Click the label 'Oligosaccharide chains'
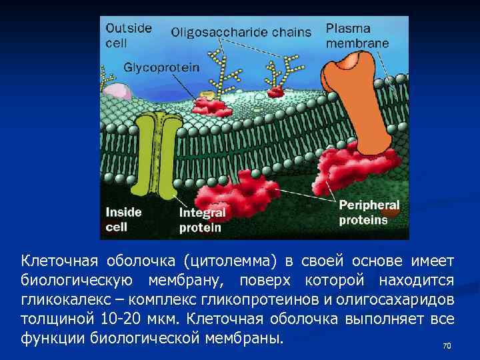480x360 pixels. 241,31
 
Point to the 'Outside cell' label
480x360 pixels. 129,35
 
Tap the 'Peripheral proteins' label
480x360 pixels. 369,212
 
